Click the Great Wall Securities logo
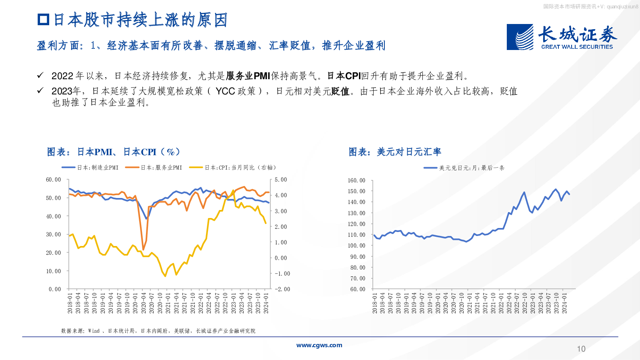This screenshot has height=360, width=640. pyautogui.click(x=561, y=37)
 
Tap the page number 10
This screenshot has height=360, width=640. pyautogui.click(x=581, y=349)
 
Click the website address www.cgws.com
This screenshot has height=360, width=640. pyautogui.click(x=319, y=345)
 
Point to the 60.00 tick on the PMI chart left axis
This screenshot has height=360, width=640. pyautogui.click(x=54, y=180)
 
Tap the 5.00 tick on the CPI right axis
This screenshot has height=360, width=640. pyautogui.click(x=281, y=180)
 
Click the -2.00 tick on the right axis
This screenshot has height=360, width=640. pyautogui.click(x=282, y=289)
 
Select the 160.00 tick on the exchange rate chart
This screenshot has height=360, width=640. pyautogui.click(x=356, y=180)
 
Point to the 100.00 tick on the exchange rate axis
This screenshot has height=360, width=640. pyautogui.click(x=356, y=246)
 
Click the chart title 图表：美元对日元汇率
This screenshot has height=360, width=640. pyautogui.click(x=395, y=152)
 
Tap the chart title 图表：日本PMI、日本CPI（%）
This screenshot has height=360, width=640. pyautogui.click(x=114, y=152)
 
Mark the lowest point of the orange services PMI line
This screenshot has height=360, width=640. pyautogui.click(x=143, y=249)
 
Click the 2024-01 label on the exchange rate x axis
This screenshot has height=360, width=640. pyautogui.click(x=564, y=303)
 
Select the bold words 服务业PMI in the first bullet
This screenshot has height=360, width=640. pyautogui.click(x=248, y=76)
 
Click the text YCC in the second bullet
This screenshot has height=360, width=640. pyautogui.click(x=225, y=91)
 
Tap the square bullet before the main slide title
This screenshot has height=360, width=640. pyautogui.click(x=43, y=20)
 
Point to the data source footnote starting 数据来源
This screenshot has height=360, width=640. pyautogui.click(x=158, y=331)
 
